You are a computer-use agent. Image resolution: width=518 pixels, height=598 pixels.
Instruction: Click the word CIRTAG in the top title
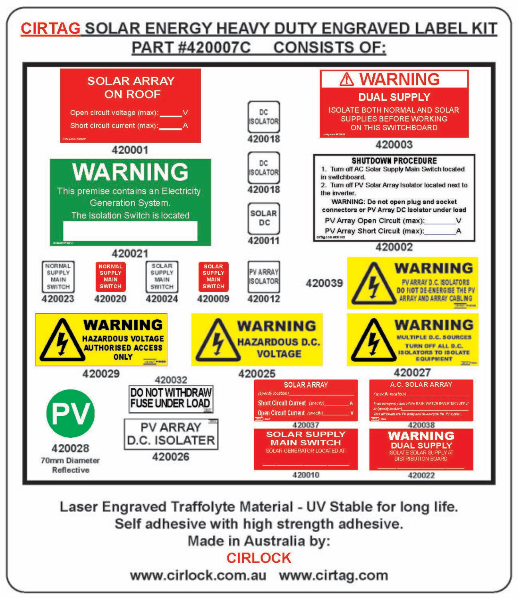(x=50, y=29)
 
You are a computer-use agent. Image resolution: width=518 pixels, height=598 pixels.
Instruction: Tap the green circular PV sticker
(x=71, y=413)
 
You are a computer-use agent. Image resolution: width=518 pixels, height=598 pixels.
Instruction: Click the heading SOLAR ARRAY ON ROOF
(x=131, y=87)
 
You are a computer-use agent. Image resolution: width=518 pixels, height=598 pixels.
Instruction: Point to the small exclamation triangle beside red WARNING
(x=347, y=80)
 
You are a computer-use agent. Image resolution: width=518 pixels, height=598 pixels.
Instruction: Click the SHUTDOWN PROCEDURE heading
(x=394, y=161)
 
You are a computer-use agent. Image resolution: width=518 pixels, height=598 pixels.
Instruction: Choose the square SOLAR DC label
(x=263, y=218)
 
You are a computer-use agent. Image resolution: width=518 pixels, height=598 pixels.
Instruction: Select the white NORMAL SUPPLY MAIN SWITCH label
(x=58, y=276)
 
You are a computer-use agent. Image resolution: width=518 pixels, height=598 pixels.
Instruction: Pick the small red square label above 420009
(x=213, y=276)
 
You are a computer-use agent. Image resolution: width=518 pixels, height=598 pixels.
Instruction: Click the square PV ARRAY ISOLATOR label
(x=263, y=276)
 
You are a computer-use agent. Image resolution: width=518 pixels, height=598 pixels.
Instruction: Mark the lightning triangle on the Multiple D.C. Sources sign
(x=372, y=340)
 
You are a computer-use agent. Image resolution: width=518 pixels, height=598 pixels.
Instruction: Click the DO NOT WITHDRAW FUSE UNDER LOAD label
(x=171, y=398)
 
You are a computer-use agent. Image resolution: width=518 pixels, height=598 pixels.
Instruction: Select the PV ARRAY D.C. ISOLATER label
(x=171, y=434)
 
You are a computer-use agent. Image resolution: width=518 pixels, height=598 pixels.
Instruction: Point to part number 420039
(x=324, y=283)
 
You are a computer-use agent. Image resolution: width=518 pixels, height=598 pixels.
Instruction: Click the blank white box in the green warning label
(x=130, y=230)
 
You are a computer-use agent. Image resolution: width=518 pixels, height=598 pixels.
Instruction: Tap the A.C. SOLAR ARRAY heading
(x=421, y=385)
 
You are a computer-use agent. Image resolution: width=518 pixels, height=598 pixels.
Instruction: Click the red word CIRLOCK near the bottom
(x=259, y=558)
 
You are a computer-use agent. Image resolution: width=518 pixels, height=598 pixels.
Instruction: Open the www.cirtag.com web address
(x=333, y=576)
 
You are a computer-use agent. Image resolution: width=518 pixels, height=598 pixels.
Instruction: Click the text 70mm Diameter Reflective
(x=70, y=465)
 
